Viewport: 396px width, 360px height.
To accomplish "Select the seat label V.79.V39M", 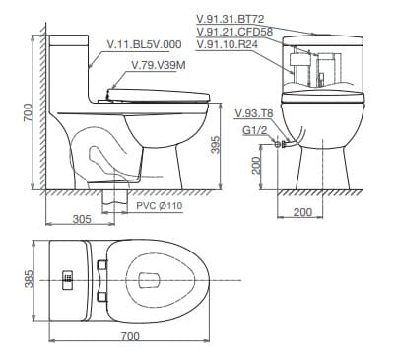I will pos(158,65).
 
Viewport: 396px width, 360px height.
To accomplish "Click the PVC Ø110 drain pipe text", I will pos(160,205).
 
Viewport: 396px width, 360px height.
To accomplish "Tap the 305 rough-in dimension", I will pos(83,219).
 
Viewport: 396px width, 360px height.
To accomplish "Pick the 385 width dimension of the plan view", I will pos(30,281).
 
